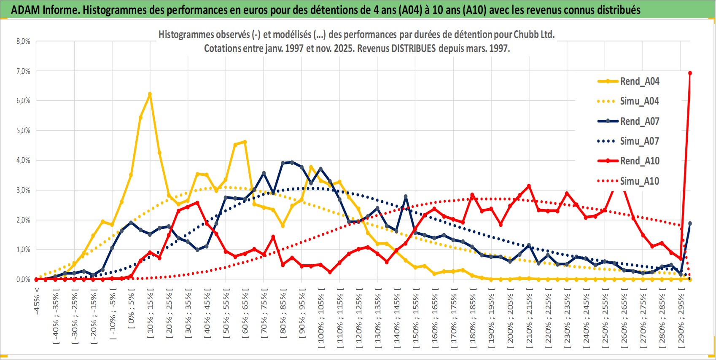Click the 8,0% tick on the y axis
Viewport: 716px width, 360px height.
click(x=23, y=41)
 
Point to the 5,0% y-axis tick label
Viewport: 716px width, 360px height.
click(x=23, y=131)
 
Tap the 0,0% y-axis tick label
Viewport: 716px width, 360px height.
click(x=23, y=279)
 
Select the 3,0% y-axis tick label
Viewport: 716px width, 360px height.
click(x=23, y=190)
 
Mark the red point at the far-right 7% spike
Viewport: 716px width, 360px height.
click(x=690, y=73)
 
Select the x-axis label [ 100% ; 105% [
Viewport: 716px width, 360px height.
click(x=321, y=318)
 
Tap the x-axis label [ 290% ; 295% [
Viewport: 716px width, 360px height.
click(x=681, y=318)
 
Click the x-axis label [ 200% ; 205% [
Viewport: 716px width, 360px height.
click(x=511, y=318)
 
